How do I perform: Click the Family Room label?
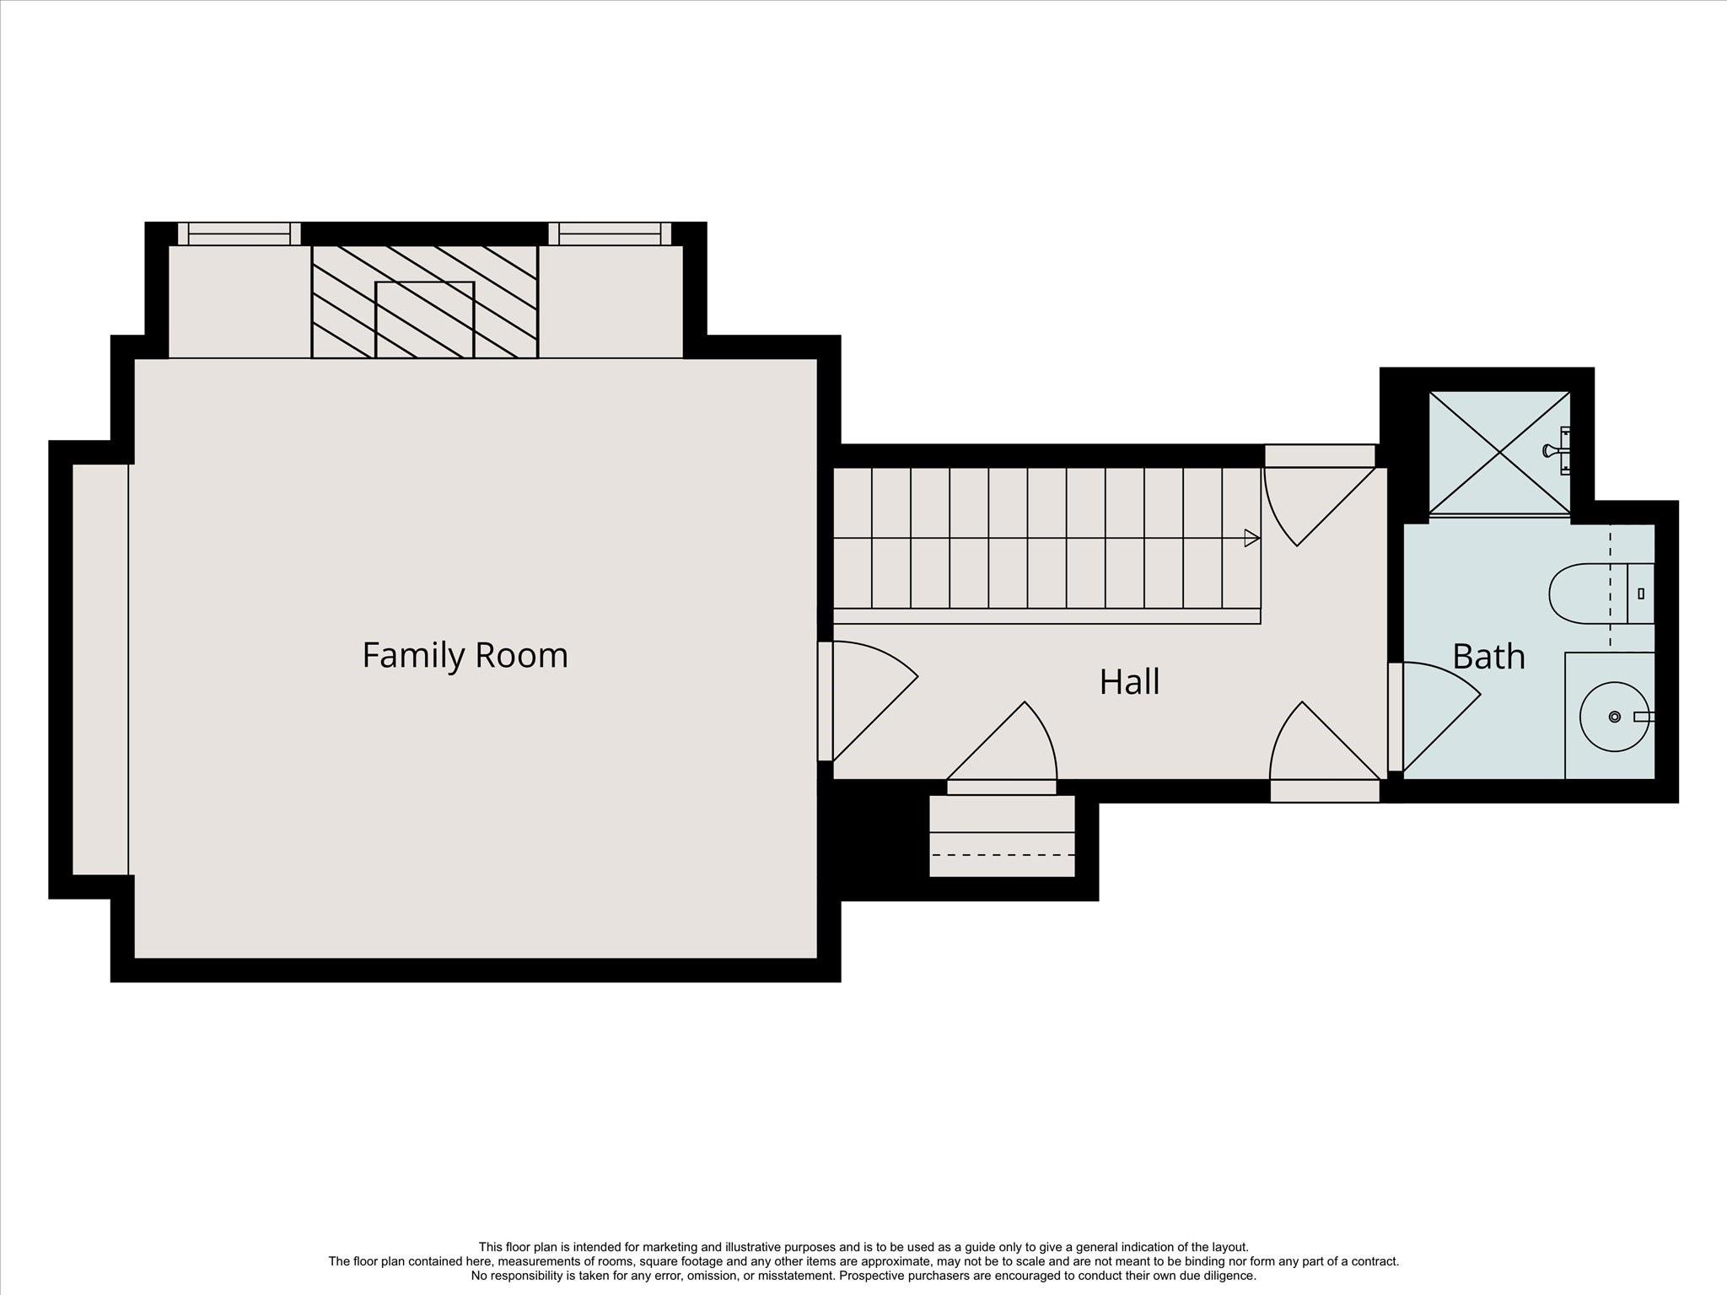[465, 655]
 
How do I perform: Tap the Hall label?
[1129, 681]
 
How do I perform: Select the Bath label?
[1488, 656]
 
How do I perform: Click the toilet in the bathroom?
[1601, 594]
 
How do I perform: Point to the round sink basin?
[1613, 717]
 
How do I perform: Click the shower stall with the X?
[1499, 452]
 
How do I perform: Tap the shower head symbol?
[1557, 450]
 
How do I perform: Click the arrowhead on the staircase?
[1252, 538]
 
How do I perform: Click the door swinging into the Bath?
[1434, 717]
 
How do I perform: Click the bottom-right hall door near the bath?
[1325, 751]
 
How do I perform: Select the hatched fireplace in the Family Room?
[425, 302]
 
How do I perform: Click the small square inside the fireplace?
[425, 320]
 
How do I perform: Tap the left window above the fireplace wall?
[239, 234]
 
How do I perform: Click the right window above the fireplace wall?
[610, 234]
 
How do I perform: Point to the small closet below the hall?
[1002, 836]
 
